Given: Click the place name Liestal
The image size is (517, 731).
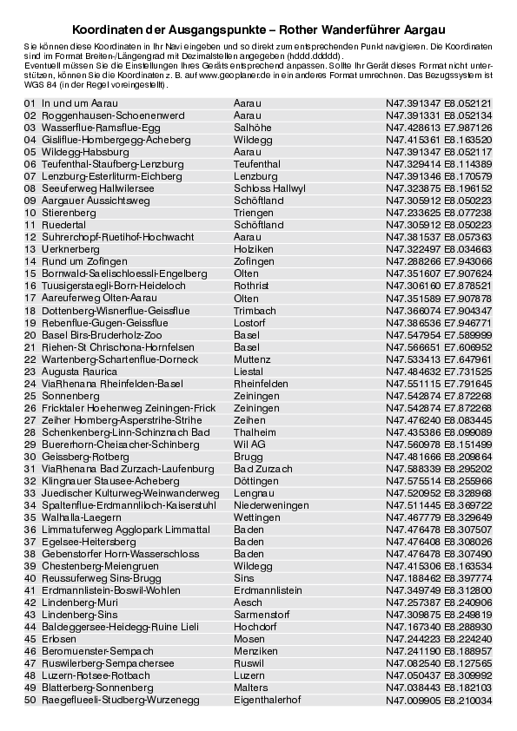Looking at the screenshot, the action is tap(249, 371).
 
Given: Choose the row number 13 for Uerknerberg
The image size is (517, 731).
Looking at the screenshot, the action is tap(30, 248).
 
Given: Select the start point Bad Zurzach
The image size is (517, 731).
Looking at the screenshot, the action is tap(263, 468).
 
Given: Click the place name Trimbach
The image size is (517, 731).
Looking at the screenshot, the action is tap(254, 310).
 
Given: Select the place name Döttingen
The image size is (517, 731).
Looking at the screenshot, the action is tap(256, 480).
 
